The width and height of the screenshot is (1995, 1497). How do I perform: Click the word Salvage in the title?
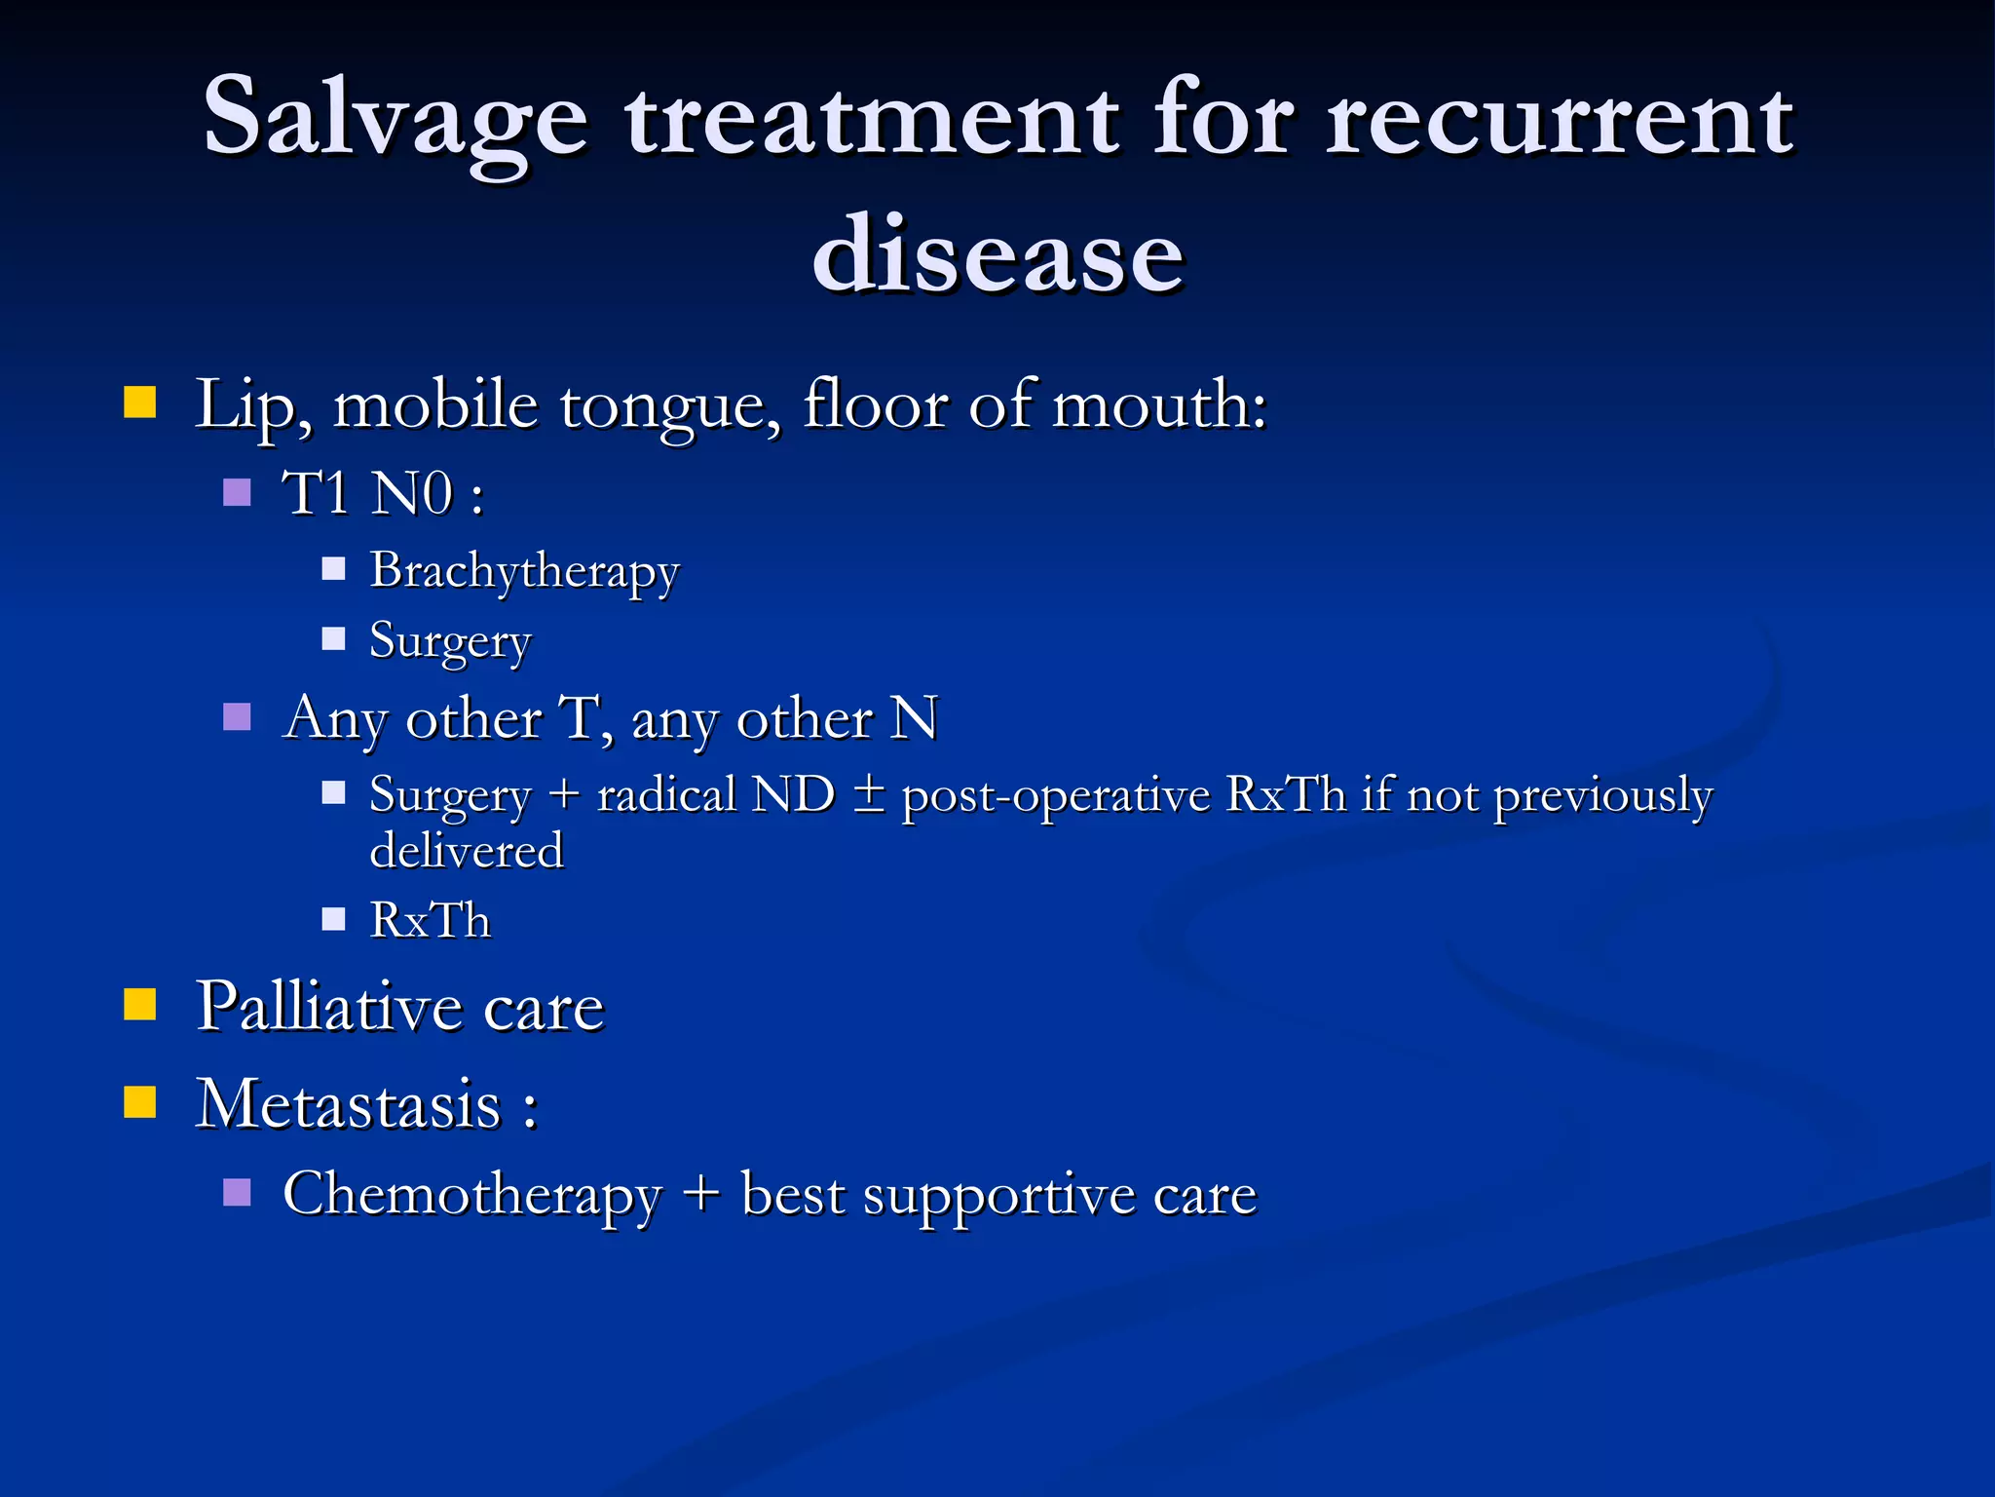[395, 119]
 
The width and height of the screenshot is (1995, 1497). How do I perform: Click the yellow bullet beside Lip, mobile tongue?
[140, 402]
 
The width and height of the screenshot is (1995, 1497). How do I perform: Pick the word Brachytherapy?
[524, 571]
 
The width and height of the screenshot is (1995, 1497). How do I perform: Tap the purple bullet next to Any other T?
[237, 717]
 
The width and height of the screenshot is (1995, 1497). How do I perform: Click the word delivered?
[467, 851]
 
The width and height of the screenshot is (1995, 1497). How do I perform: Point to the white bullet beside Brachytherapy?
[334, 569]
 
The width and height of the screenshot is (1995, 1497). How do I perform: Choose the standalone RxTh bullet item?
[431, 920]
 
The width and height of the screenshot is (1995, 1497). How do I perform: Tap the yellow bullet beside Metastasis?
[140, 1101]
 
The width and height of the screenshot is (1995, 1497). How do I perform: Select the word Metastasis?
[349, 1105]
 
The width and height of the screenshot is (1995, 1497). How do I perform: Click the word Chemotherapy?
[471, 1195]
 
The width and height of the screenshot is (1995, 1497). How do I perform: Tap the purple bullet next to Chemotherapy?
[237, 1193]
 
